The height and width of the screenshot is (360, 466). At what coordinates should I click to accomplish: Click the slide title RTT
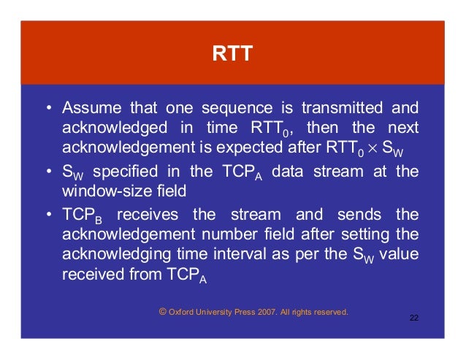(232, 54)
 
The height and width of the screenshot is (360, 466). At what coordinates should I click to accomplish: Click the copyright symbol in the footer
(161, 312)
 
